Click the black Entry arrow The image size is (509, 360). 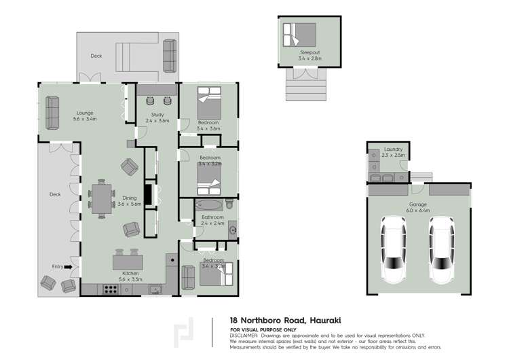click(x=68, y=267)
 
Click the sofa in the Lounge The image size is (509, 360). click(x=52, y=113)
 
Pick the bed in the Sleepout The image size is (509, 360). click(x=299, y=34)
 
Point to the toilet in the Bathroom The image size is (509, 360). click(x=230, y=204)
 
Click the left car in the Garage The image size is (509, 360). click(x=394, y=249)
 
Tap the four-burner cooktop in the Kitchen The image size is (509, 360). click(x=110, y=289)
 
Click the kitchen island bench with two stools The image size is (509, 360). click(x=126, y=261)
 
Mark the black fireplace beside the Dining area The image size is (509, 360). click(x=147, y=194)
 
